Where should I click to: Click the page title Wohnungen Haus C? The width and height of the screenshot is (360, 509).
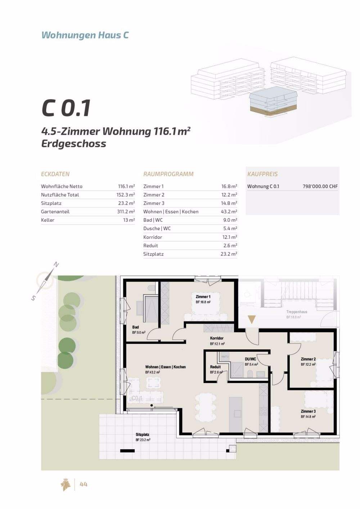(x=85, y=35)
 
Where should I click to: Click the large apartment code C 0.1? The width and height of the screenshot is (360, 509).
(x=66, y=108)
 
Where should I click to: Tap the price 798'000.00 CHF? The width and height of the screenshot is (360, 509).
(x=320, y=186)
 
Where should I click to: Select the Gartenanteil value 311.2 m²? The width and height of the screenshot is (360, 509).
(x=126, y=212)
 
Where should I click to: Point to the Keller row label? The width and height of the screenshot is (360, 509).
(x=48, y=220)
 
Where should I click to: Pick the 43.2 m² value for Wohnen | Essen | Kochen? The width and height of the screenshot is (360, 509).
(x=229, y=212)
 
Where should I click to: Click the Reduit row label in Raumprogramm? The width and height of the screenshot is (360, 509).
(x=150, y=246)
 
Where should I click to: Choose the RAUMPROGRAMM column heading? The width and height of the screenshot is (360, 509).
(x=168, y=174)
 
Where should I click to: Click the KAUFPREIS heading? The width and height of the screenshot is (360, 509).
(x=262, y=174)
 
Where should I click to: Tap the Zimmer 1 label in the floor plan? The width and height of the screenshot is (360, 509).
(x=203, y=297)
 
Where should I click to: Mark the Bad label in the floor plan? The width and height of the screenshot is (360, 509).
(x=135, y=327)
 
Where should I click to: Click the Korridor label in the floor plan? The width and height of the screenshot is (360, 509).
(x=217, y=338)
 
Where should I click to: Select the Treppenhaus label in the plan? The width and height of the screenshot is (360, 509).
(x=297, y=312)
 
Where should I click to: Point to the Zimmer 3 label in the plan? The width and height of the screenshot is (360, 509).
(x=308, y=411)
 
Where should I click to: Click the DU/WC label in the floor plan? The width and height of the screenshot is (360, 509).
(x=250, y=359)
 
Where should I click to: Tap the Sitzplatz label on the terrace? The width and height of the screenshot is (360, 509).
(x=143, y=435)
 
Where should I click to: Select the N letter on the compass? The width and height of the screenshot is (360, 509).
(x=56, y=265)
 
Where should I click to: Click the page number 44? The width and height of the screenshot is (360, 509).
(x=84, y=485)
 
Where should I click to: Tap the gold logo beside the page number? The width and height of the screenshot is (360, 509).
(x=66, y=485)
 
